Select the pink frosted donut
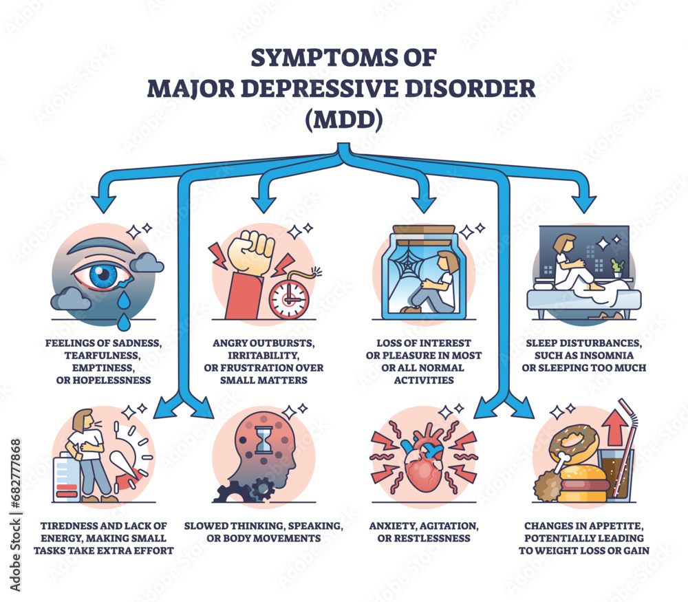570,442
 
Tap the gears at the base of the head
241,491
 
